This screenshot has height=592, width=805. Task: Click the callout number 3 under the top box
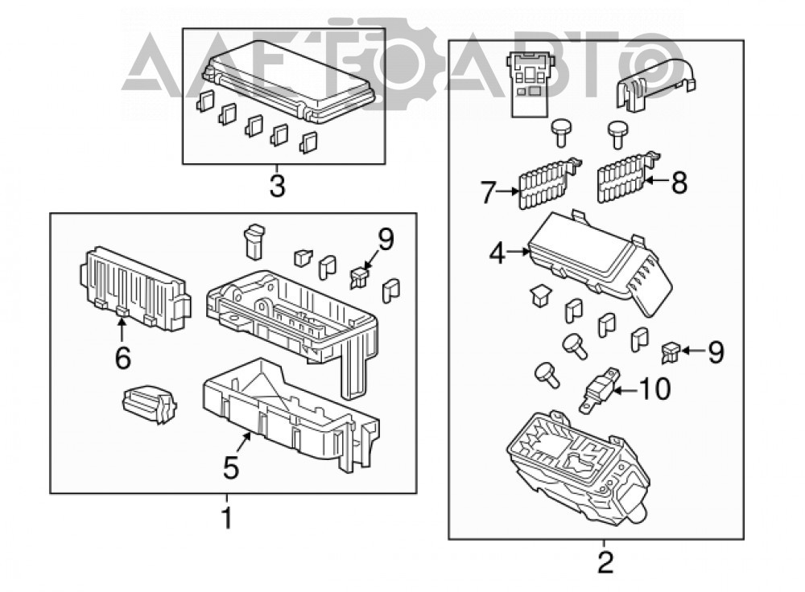tap(277, 185)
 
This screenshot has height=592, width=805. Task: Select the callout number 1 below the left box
tap(226, 518)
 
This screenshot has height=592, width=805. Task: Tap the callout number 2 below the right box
tap(606, 563)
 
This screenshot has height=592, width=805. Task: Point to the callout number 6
tap(122, 358)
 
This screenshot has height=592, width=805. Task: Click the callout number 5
tap(231, 467)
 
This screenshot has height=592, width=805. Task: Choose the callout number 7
tap(488, 192)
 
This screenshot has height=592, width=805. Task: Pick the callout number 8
tap(679, 182)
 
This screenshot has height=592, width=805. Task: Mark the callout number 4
tap(497, 253)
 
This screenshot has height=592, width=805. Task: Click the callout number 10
tap(654, 388)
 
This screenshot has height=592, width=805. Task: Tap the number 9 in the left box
tap(386, 239)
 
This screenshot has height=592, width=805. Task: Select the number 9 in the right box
tap(716, 352)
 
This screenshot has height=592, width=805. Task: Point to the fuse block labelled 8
tap(629, 177)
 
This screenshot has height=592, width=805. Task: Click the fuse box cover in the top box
tap(289, 82)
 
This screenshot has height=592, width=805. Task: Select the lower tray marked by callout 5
tap(291, 413)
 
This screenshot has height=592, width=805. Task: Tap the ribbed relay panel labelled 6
tap(135, 289)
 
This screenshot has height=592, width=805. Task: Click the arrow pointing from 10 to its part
tap(626, 390)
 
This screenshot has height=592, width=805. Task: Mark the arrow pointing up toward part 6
tap(122, 331)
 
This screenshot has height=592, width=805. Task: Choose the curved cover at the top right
tap(656, 84)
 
